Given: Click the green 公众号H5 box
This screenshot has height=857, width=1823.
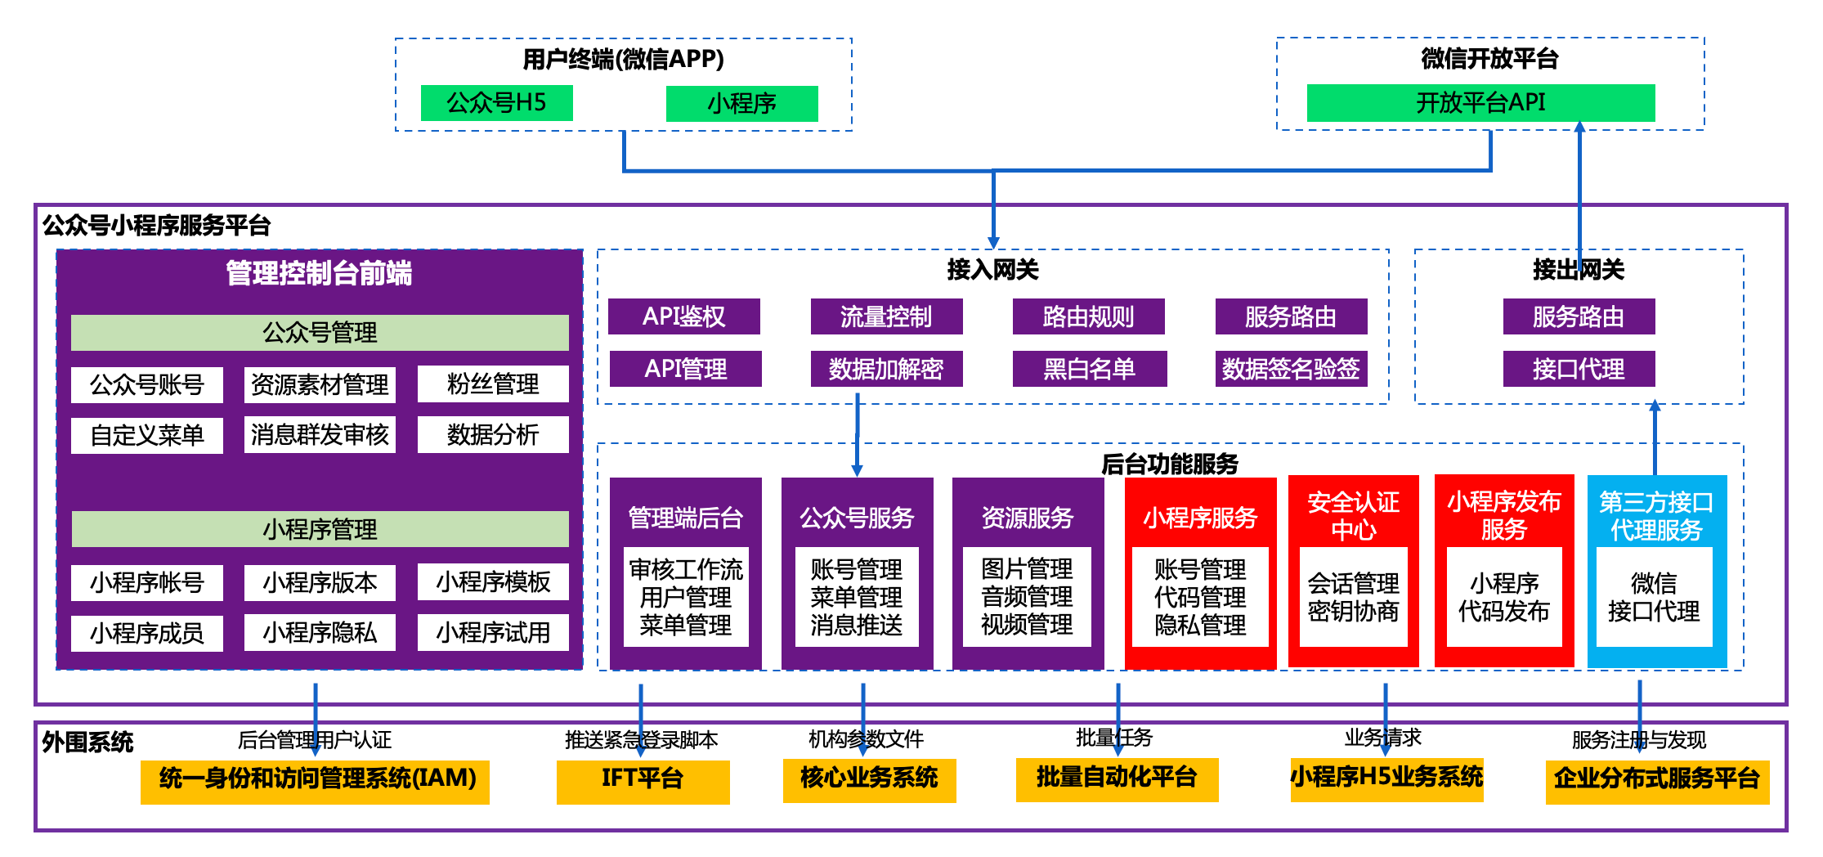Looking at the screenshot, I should [x=496, y=103].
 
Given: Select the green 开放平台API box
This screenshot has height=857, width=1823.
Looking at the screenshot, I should [x=1480, y=103].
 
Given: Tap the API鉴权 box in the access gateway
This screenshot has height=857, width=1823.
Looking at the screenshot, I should [x=683, y=316].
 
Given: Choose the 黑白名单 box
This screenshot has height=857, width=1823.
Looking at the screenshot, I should [x=1089, y=369].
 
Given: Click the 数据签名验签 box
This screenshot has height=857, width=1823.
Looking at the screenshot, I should [x=1291, y=369].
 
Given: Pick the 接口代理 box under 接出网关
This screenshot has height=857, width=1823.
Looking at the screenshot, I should [x=1579, y=369].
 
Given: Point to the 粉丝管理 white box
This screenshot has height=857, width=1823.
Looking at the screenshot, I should [x=493, y=384].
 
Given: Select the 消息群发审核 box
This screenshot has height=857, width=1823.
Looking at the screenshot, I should [x=320, y=435].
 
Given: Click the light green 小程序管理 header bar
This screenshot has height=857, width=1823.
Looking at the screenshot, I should [x=320, y=529].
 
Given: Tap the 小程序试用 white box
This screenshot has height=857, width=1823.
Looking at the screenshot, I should [x=493, y=632].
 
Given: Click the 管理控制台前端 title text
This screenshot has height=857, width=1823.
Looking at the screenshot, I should [x=319, y=273].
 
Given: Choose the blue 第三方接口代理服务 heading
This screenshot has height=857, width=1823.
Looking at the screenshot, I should [x=1656, y=515].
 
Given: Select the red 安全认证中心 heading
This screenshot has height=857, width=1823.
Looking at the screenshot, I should [x=1353, y=515].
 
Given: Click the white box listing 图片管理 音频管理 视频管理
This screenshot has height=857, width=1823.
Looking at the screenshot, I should [x=1027, y=597].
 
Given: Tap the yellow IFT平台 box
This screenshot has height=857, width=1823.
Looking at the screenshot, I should [x=643, y=778].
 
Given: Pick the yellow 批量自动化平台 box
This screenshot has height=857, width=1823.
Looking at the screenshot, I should [x=1117, y=777].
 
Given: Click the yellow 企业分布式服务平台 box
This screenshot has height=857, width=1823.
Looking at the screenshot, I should [x=1657, y=778].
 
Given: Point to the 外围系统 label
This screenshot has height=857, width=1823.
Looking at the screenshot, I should [x=87, y=743].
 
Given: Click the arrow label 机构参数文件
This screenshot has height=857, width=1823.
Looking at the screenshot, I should [x=866, y=739].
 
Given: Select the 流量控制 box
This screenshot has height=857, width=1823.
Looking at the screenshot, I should [x=886, y=316].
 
